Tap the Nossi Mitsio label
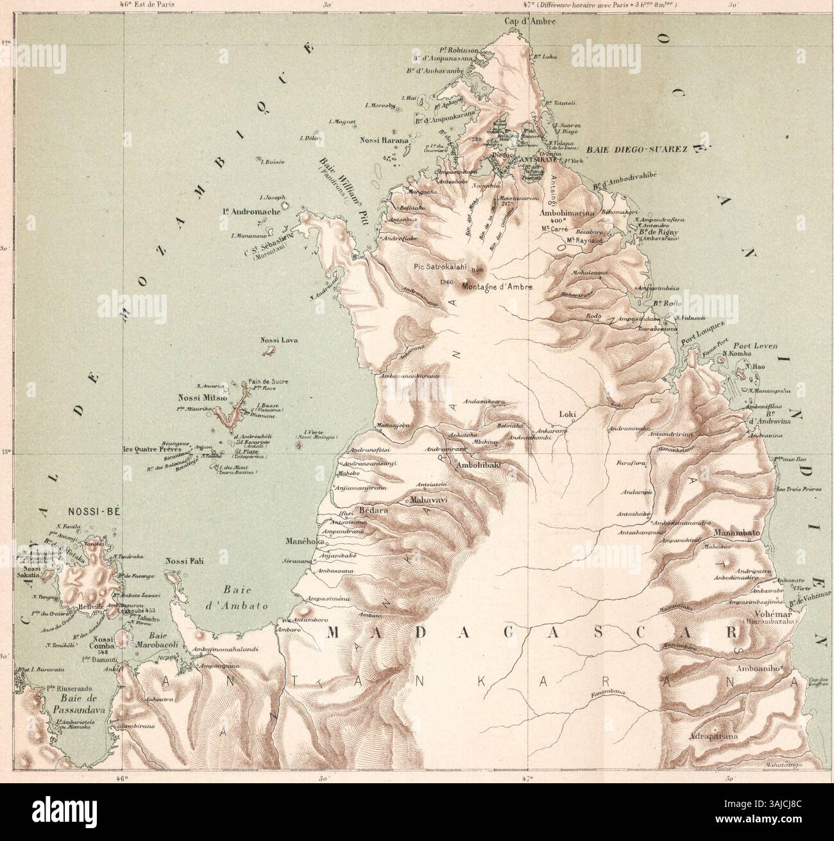(202, 398)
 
